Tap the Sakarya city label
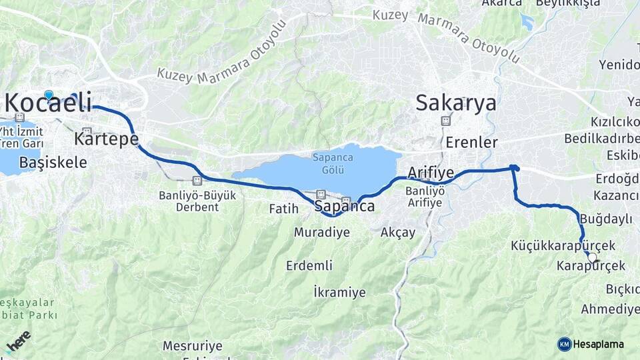point(456,103)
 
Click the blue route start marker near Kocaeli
point(49,95)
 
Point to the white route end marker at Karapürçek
point(592,257)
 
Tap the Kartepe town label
point(107,139)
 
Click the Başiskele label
point(53,162)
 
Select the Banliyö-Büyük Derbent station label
point(189,201)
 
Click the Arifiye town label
point(431,173)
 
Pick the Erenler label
point(472,143)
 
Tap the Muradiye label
point(322,233)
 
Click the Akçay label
point(397,233)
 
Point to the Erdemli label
point(309,265)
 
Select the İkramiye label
point(339,292)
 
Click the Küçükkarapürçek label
point(553,246)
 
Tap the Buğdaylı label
point(606,219)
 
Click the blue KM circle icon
point(565,344)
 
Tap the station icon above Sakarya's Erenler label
point(445,121)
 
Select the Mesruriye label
point(193,346)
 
